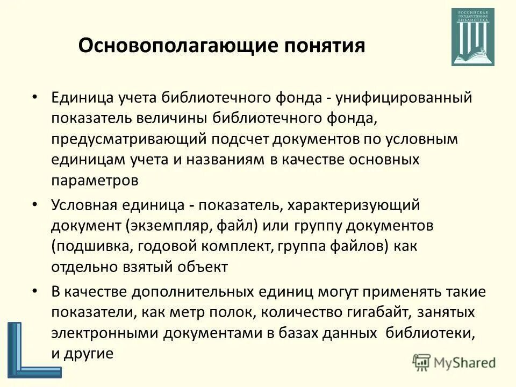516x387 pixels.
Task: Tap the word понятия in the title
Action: coord(322,46)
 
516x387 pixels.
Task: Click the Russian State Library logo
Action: coord(473,37)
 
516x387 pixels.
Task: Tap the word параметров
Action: coord(95,181)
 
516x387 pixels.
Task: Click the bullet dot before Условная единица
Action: coord(35,205)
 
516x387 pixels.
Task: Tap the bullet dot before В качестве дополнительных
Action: coord(35,291)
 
